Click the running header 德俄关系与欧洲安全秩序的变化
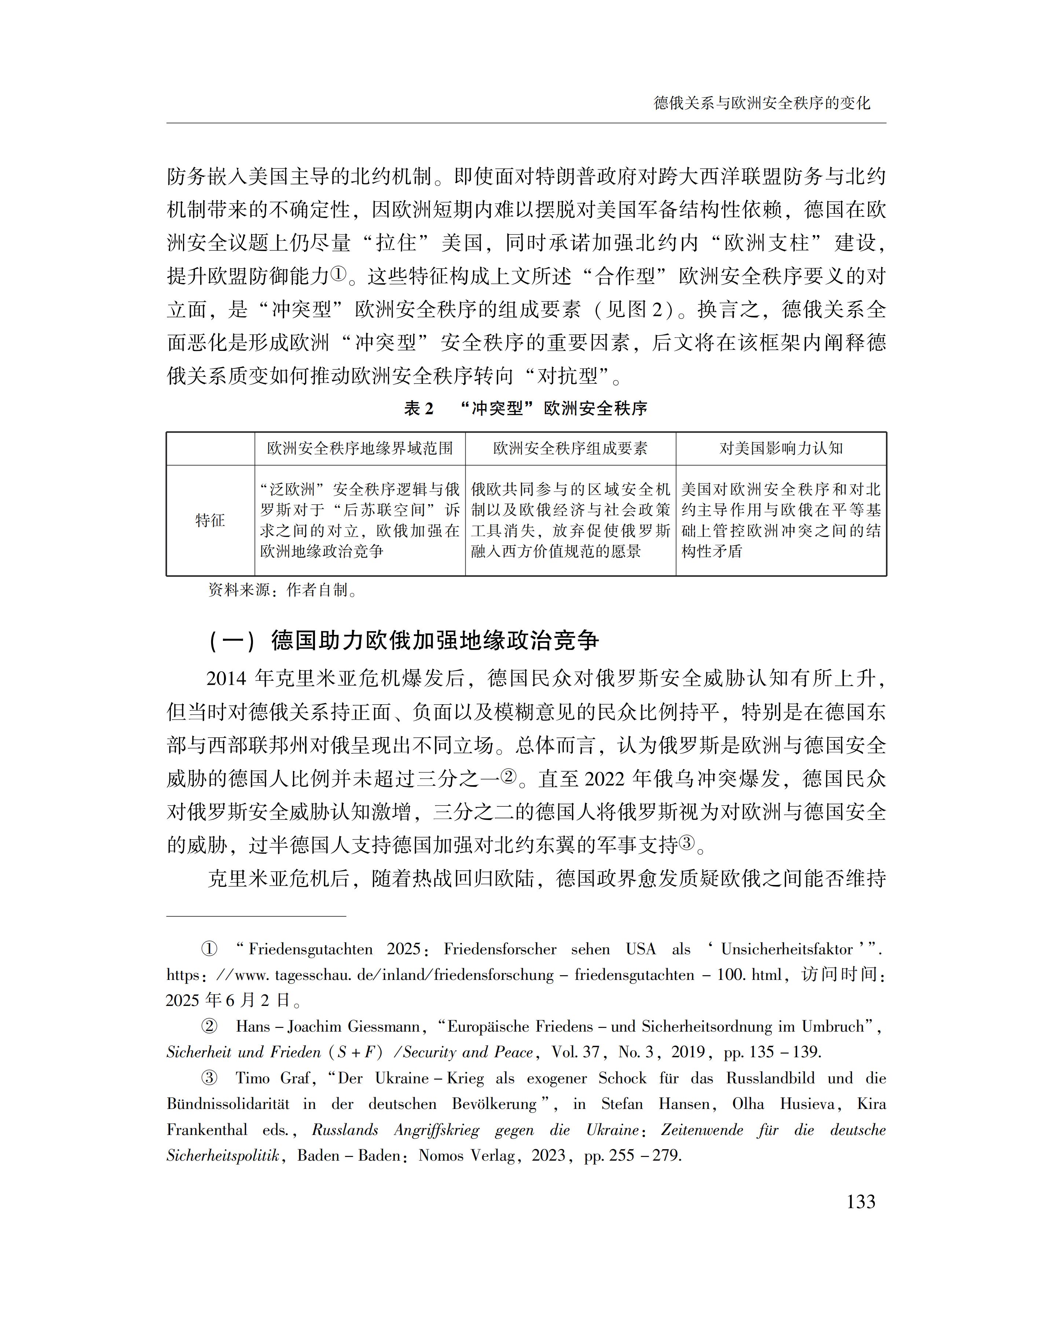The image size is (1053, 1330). click(762, 103)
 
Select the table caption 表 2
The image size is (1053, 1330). click(419, 408)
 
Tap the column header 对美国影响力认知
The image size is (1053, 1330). click(781, 448)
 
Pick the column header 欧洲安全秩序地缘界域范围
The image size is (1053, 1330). click(360, 448)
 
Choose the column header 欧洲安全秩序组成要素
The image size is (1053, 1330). click(570, 448)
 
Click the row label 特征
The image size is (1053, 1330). click(210, 520)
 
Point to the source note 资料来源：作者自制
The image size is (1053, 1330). click(283, 590)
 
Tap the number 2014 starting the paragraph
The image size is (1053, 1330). click(226, 679)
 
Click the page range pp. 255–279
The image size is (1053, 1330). click(632, 1155)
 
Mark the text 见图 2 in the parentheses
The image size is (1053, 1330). click(634, 309)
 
